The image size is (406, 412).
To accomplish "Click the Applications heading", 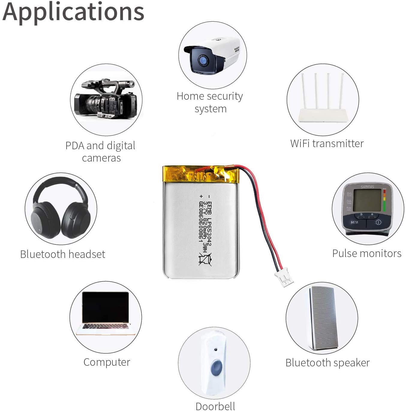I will (x=73, y=12).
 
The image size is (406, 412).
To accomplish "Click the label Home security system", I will (x=210, y=102).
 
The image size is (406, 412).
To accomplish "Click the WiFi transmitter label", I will (x=327, y=144).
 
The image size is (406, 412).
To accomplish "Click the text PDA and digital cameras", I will (x=101, y=152).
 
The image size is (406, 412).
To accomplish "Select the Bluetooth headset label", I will (x=63, y=254).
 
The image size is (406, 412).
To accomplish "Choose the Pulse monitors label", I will (x=367, y=253).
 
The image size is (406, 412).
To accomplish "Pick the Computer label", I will (x=107, y=362).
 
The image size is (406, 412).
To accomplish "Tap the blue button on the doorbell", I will (x=216, y=368).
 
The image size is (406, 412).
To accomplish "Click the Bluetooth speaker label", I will (x=327, y=363).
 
